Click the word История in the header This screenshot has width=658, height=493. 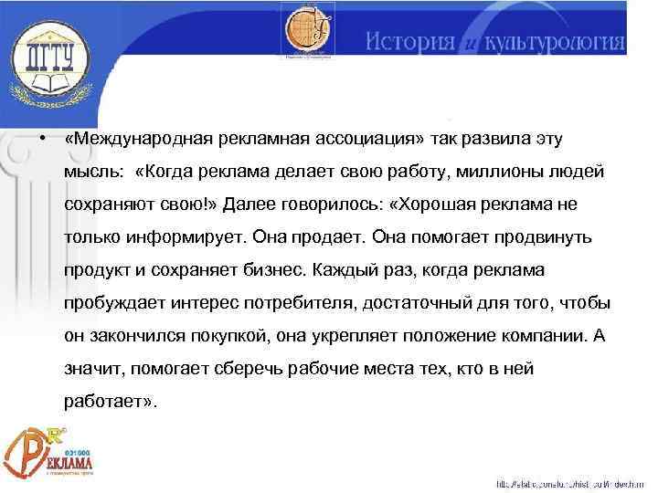tap(409, 42)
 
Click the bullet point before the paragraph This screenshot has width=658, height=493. tap(43, 139)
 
